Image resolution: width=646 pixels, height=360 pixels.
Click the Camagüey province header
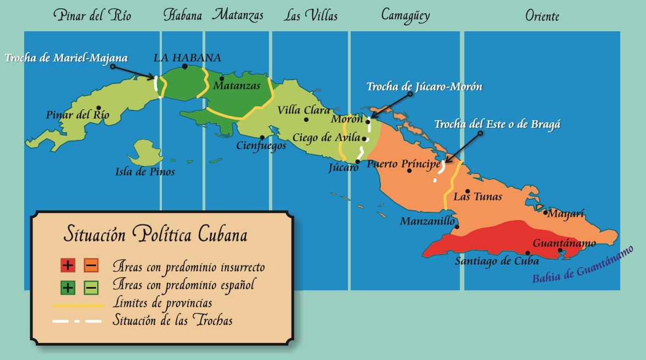coord(405,15)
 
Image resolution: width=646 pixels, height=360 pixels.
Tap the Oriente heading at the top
coord(542,16)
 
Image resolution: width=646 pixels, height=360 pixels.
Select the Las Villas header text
coord(310,15)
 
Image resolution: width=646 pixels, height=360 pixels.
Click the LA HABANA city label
coord(187,58)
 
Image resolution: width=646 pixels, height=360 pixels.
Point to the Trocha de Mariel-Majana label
coord(66,58)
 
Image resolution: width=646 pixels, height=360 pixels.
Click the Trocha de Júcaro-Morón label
coord(424,87)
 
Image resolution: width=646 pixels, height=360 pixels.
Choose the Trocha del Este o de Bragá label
coord(497,125)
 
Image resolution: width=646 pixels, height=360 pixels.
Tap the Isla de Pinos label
coord(145,172)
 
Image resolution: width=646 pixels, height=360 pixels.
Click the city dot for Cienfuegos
coord(263,138)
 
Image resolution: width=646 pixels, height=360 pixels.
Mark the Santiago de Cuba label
coord(497,261)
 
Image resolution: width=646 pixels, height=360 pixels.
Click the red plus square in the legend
coord(68,266)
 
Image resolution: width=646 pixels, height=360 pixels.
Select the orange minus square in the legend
coord(91,266)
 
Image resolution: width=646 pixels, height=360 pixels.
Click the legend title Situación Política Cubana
coord(155,234)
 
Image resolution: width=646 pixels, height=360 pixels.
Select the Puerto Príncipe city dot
coord(409,171)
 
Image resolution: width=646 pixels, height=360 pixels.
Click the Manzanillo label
coord(427,222)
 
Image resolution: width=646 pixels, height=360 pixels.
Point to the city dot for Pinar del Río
coord(98,108)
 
